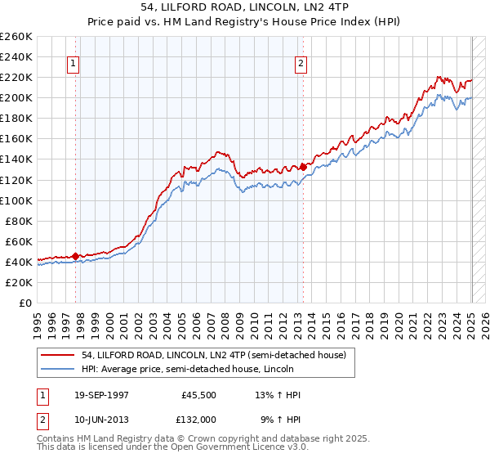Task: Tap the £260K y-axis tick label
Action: click(16, 37)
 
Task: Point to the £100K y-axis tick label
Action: click(16, 200)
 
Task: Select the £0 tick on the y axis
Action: click(25, 303)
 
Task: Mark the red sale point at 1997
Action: click(75, 256)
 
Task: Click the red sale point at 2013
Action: click(303, 167)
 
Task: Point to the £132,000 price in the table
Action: click(197, 419)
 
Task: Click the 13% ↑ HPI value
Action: click(278, 396)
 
